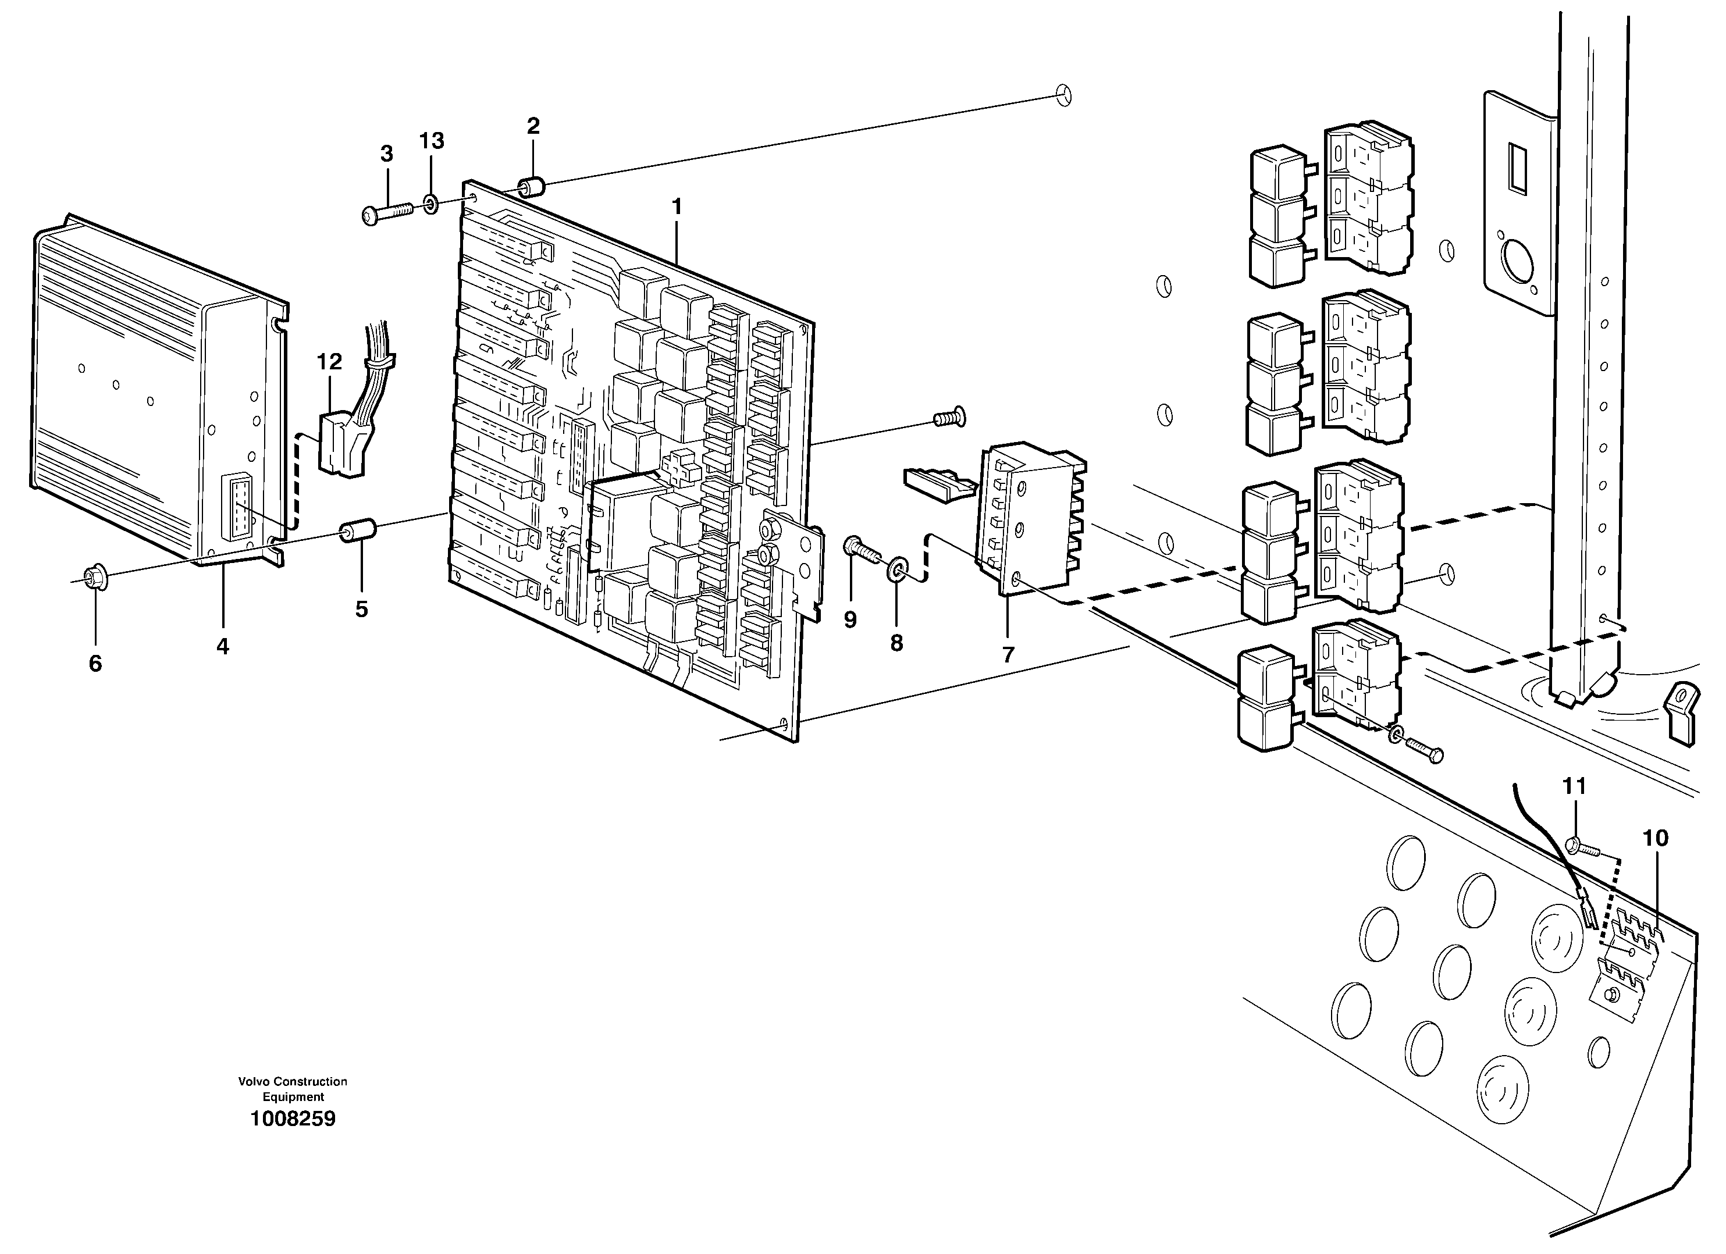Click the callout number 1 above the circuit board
pos(676,206)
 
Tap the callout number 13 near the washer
pos(432,141)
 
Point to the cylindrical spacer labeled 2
pos(531,187)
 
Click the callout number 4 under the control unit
pos(222,646)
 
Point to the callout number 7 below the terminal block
pos(1008,654)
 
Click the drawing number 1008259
pos(293,1118)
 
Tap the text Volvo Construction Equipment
pos(293,1089)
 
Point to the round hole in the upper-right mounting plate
pos(1516,262)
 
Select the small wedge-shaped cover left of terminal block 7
pos(938,484)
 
